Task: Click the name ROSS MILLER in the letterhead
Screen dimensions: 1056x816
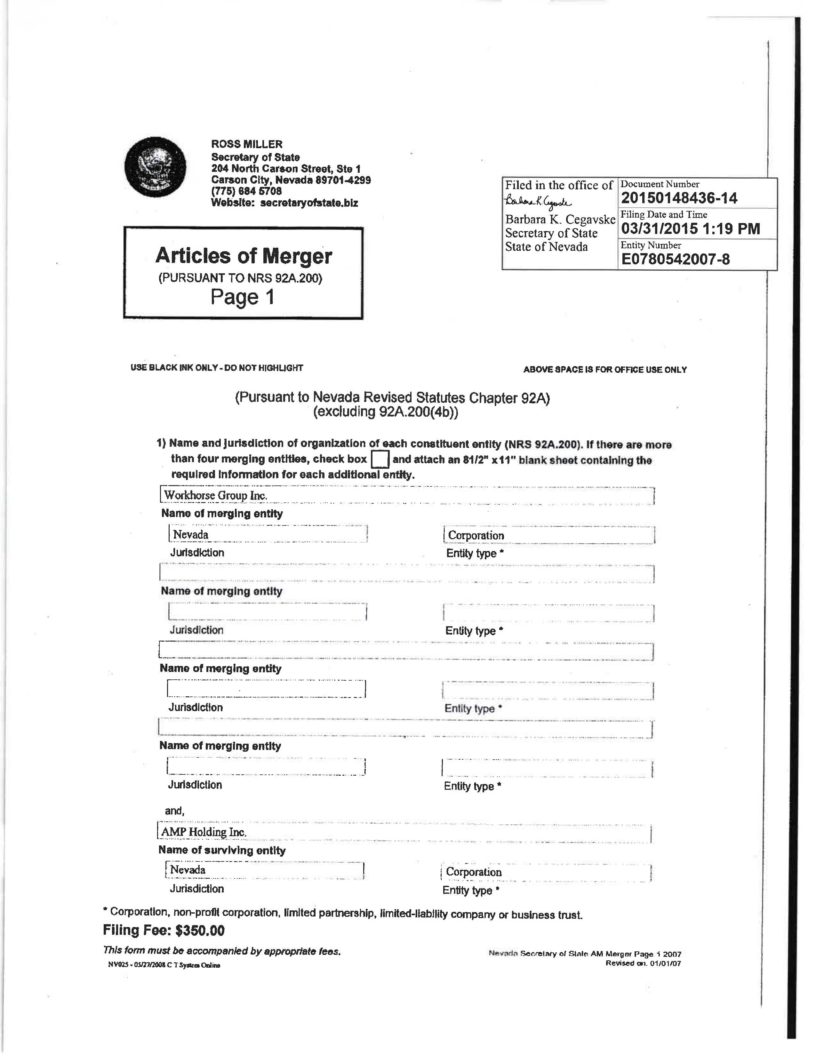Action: tap(246, 144)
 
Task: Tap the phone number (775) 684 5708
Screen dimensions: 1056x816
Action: tap(246, 191)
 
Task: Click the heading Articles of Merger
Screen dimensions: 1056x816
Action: tap(244, 256)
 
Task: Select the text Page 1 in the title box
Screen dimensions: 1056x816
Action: tap(242, 297)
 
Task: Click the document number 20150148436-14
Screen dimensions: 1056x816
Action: tap(679, 198)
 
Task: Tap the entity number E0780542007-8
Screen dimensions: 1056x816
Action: tap(675, 259)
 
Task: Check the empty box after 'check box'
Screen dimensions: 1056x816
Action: tap(380, 459)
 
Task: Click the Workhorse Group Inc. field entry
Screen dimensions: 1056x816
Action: tap(216, 495)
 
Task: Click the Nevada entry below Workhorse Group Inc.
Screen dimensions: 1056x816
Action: tap(191, 534)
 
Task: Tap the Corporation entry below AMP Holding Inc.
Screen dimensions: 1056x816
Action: tap(474, 872)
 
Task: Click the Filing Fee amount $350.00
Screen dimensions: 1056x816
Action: tap(200, 930)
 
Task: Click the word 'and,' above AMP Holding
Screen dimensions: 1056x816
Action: tap(174, 811)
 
